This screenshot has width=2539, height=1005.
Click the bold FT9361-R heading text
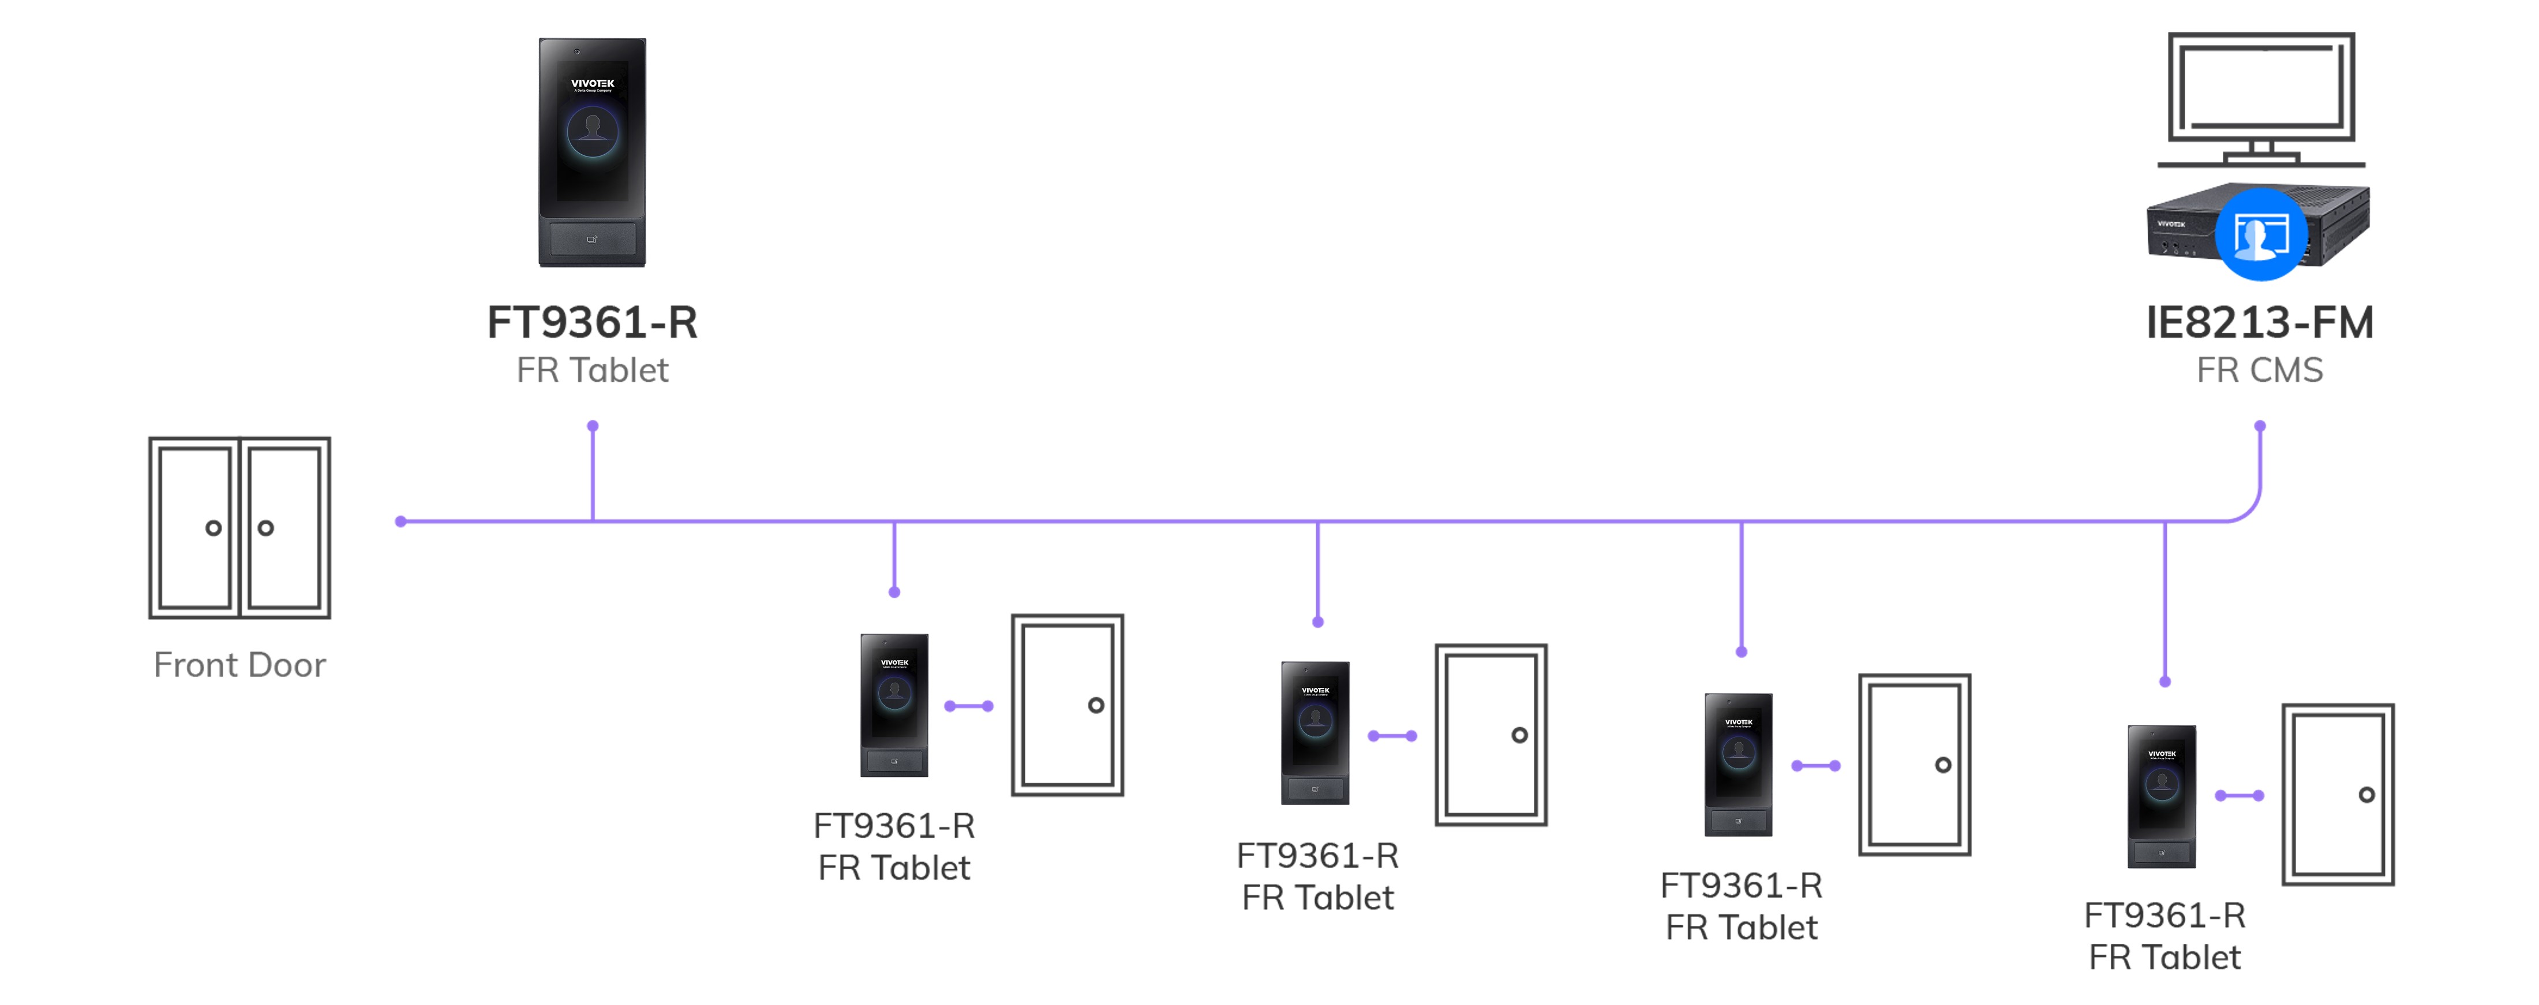[x=593, y=322]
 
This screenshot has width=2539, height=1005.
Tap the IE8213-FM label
[x=2259, y=322]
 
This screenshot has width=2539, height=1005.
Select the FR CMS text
[x=2259, y=370]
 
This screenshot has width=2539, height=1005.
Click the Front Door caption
[x=239, y=665]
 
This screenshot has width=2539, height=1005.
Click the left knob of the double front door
[x=213, y=528]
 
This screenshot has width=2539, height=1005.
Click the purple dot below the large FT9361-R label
[x=593, y=426]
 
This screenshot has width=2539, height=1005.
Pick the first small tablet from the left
[x=894, y=705]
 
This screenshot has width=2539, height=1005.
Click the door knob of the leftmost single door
[x=1096, y=705]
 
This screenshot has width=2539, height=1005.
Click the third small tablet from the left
[x=1739, y=764]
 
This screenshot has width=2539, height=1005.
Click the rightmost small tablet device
[x=2162, y=796]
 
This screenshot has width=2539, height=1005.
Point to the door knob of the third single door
[x=1943, y=765]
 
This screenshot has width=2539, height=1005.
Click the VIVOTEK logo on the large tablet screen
[x=593, y=84]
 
